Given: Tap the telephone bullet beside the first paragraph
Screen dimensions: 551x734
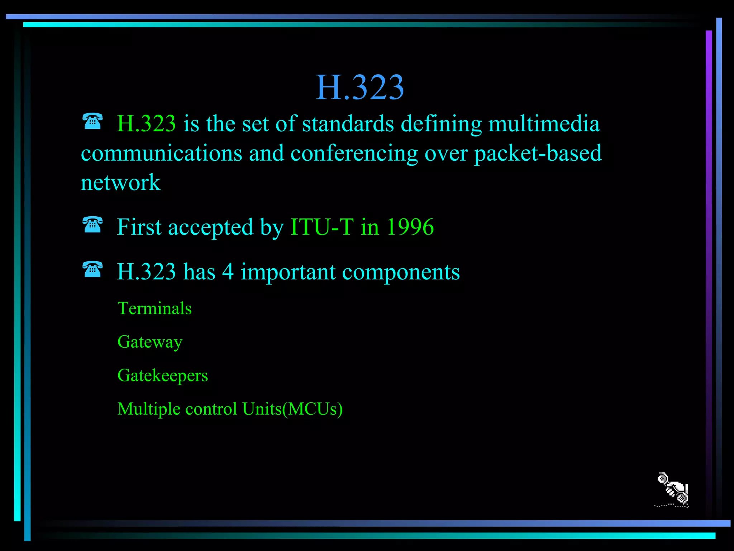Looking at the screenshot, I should pos(92,121).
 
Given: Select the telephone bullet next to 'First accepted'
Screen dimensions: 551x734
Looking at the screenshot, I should pos(92,225).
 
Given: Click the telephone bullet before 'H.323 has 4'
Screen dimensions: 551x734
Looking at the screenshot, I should pos(92,269).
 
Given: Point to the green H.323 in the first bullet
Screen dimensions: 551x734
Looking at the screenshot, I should pos(146,124).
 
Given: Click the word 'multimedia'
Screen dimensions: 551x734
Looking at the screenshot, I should pos(544,124).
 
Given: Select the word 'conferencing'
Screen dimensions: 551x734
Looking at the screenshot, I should pos(354,154).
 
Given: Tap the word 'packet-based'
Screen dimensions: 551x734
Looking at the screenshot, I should pos(538,153).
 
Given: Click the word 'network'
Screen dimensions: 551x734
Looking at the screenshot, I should pos(120,183).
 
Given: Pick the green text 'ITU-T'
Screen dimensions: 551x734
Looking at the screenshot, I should pos(322,227).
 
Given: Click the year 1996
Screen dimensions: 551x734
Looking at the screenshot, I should pos(410,227).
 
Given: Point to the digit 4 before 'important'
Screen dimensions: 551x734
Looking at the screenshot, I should pos(228,272).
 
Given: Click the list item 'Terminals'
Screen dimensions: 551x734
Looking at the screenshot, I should pos(154,309).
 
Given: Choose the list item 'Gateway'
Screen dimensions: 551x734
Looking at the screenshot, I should pos(150,342).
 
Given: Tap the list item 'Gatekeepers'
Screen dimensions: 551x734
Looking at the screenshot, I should pos(162,376).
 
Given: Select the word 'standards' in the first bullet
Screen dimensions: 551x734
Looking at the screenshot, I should pos(348,124).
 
